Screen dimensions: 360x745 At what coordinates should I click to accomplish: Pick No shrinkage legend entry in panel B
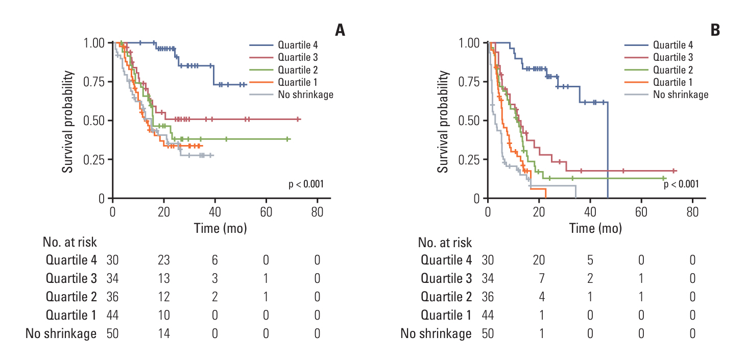[x=680, y=94]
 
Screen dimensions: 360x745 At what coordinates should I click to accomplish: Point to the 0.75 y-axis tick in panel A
[x=94, y=82]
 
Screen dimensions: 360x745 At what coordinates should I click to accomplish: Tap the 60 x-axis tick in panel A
[x=266, y=211]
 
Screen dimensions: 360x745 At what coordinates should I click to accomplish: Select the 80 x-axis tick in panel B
[x=692, y=211]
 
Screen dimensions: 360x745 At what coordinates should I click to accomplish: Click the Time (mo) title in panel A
[x=221, y=228]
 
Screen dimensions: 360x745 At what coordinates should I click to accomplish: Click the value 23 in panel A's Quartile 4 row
[x=163, y=260]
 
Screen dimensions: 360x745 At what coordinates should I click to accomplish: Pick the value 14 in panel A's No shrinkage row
[x=163, y=334]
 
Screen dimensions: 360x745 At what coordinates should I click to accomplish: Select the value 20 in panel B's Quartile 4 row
[x=538, y=260]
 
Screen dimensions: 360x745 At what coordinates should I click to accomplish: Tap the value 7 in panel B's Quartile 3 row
[x=539, y=279]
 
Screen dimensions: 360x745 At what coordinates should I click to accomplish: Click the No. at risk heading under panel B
[x=445, y=242]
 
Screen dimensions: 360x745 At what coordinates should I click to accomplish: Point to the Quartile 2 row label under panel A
[x=71, y=297]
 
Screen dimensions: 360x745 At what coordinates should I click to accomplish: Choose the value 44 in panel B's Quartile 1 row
[x=488, y=316]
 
